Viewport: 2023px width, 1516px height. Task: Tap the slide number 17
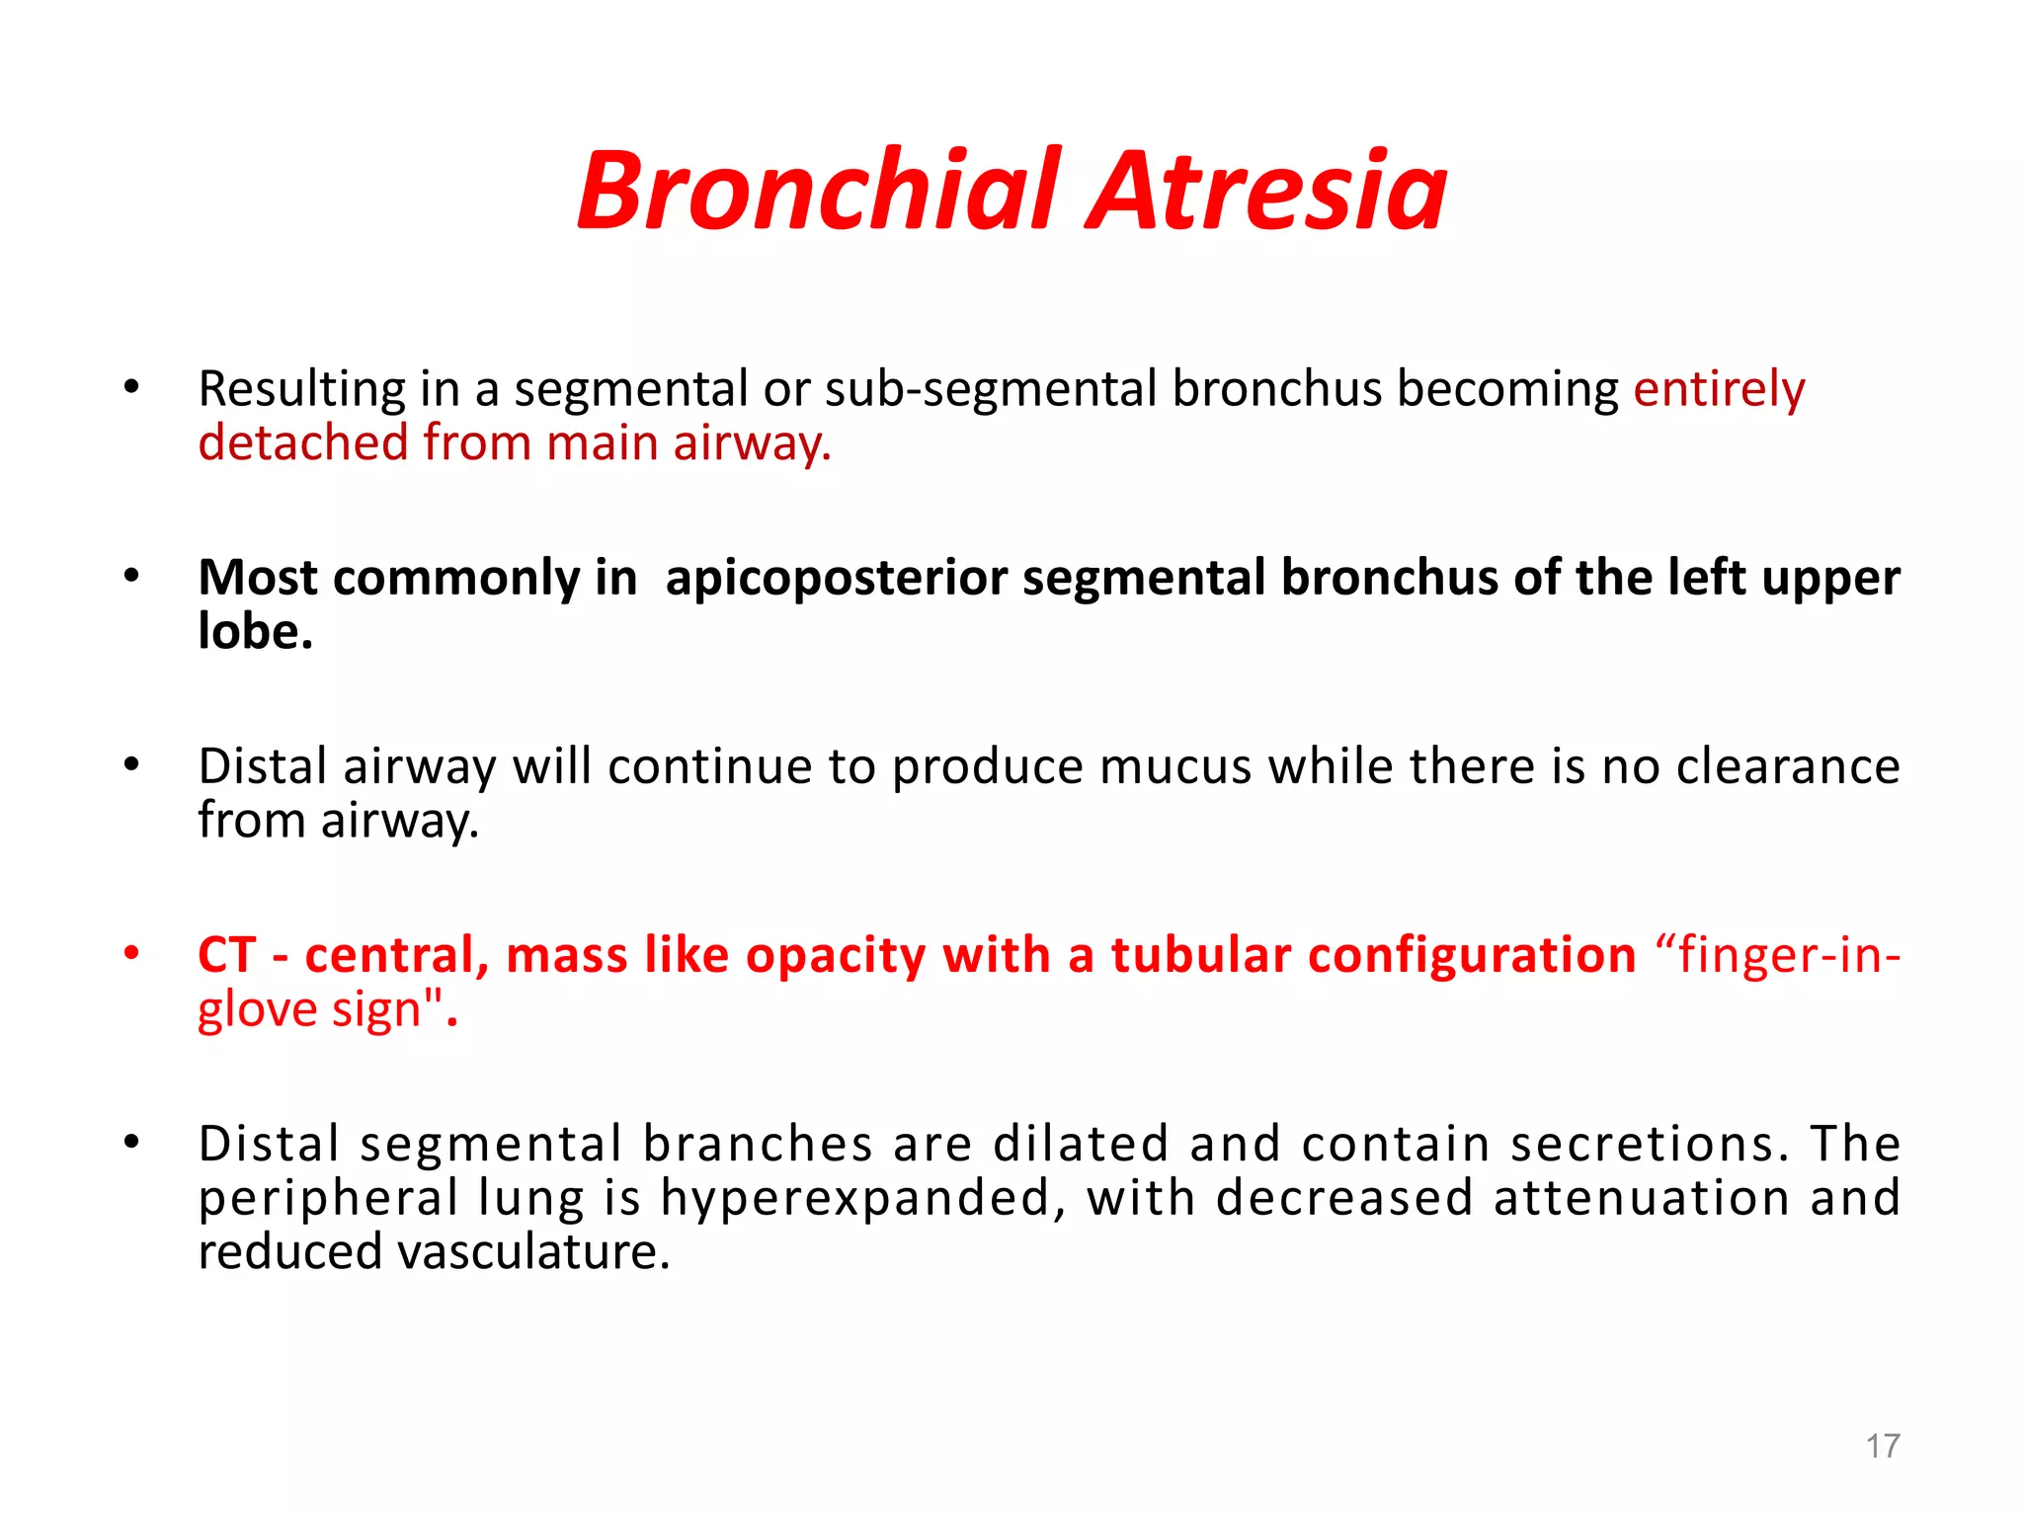1882,1446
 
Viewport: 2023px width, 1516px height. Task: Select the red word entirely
1719,388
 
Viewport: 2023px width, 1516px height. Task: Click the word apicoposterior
836,577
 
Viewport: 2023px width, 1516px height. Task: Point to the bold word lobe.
254,631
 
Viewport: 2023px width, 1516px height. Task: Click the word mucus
1175,766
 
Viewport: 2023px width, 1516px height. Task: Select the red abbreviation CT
227,955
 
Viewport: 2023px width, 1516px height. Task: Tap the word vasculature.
533,1252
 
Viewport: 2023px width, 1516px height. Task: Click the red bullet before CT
131,953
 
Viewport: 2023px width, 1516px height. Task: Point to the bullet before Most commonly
131,576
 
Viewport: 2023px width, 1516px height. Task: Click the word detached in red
303,442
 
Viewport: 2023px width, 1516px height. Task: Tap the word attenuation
1642,1198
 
